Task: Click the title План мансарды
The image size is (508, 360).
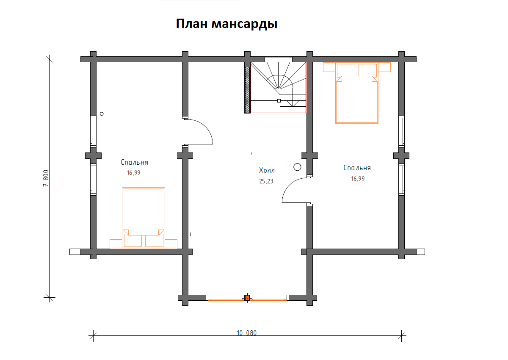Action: click(226, 24)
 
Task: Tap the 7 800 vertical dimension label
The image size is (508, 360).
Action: click(46, 180)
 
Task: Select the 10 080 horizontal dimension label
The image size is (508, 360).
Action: click(246, 333)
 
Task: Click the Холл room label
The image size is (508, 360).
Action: click(267, 171)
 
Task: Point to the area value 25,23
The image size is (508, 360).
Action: click(267, 181)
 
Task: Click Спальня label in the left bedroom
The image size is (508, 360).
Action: click(134, 162)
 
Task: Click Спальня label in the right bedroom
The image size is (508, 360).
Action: click(357, 168)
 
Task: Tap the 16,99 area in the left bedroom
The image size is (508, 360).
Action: click(133, 173)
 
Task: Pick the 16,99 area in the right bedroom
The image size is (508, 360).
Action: click(358, 179)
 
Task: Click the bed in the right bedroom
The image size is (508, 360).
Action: click(356, 100)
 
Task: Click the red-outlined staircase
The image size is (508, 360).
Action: click(278, 87)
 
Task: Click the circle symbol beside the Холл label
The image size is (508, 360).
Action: click(297, 167)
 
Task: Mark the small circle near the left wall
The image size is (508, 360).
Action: click(102, 114)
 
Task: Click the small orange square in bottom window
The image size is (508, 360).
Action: click(247, 298)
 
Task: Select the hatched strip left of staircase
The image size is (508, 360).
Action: click(247, 88)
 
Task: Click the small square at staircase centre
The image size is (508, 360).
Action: click(279, 101)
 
